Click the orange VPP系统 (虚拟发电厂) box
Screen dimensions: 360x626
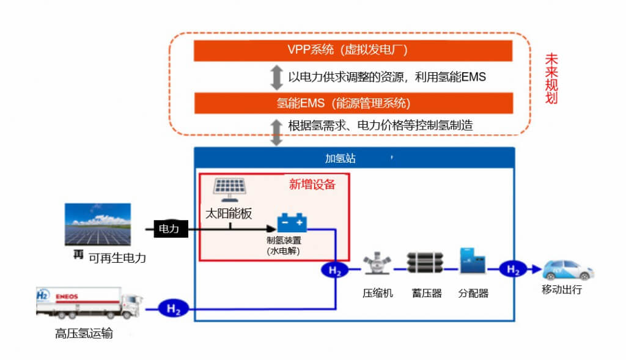[x=353, y=51]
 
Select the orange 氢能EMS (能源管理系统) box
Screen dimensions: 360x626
[x=353, y=102]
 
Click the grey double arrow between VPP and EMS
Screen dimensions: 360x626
[x=277, y=77]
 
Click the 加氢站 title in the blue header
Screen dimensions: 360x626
[x=340, y=159]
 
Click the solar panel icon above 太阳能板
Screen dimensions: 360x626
[x=229, y=189]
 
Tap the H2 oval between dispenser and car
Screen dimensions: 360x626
[x=513, y=269]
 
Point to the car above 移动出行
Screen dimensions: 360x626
[x=569, y=270]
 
